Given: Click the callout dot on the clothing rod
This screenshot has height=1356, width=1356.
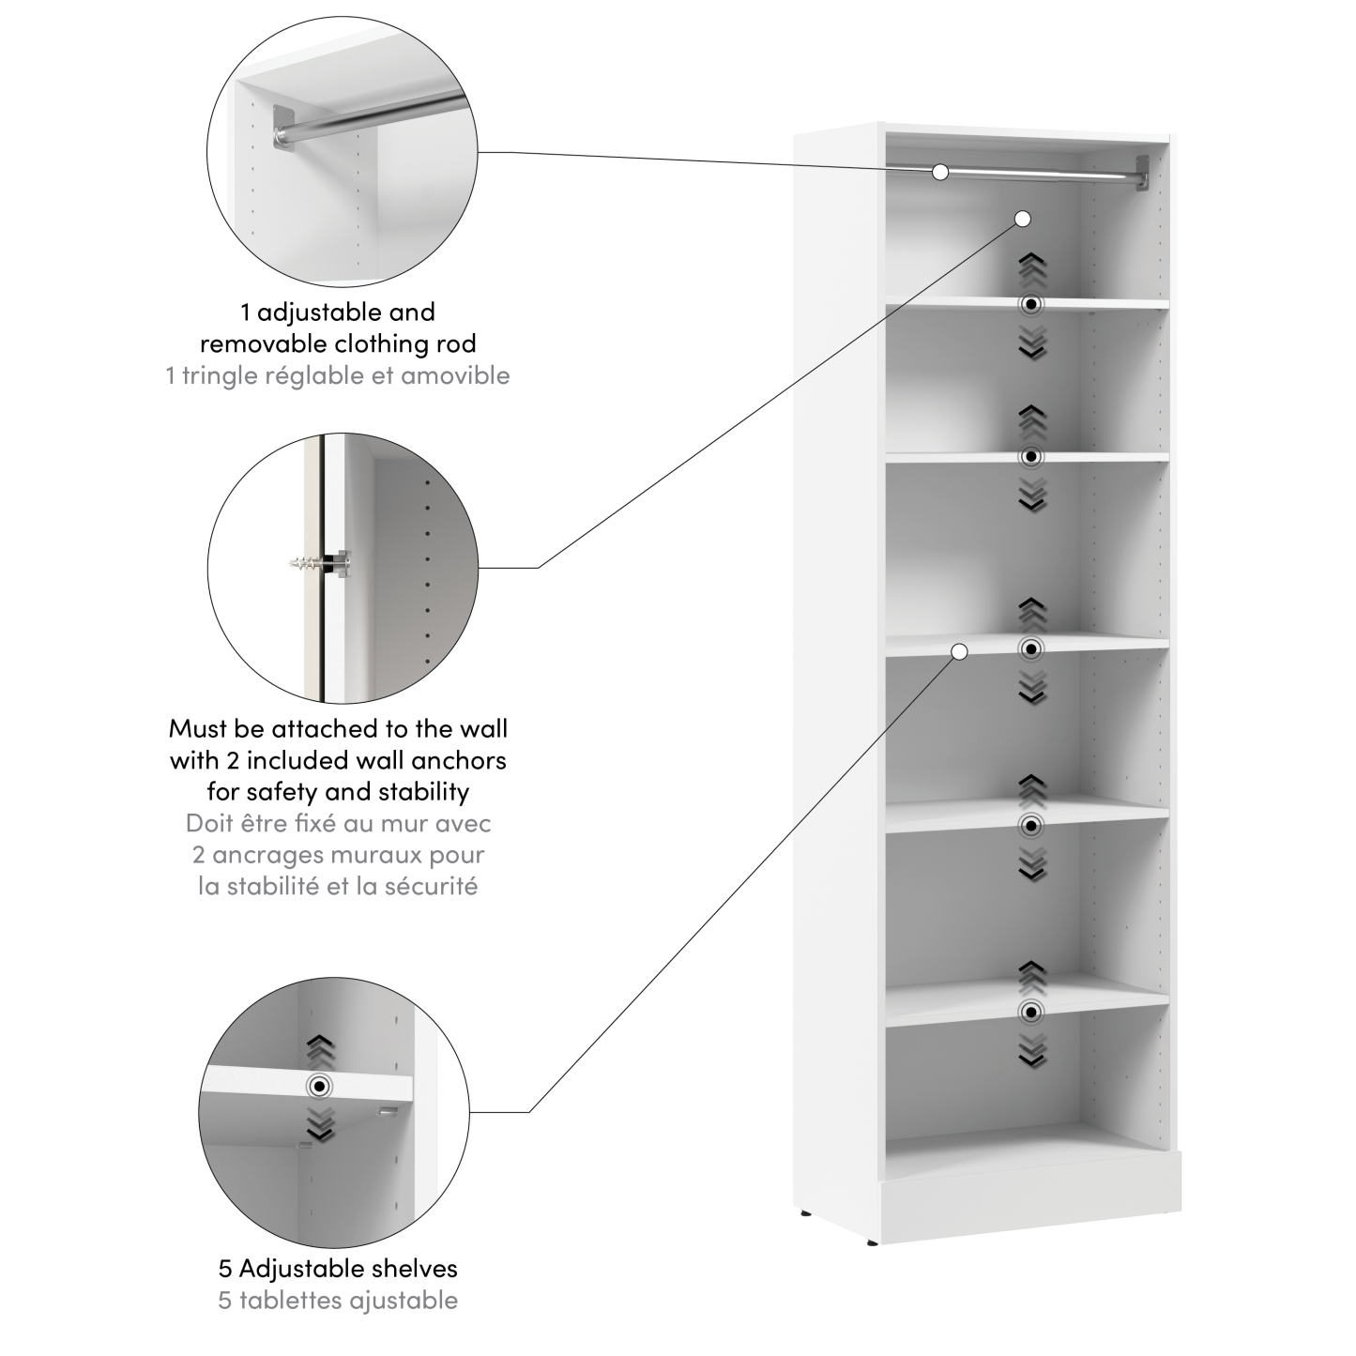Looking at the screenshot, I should click(940, 172).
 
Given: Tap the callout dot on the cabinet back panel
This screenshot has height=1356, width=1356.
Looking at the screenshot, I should click(1023, 219).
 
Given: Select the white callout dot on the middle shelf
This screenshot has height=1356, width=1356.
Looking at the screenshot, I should click(959, 651).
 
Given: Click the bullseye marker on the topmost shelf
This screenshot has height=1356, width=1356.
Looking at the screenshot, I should click(1031, 304).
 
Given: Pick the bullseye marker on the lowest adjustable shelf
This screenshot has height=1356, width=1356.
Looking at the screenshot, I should click(1031, 1012).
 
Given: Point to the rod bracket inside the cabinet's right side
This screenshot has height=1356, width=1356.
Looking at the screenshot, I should click(1141, 173).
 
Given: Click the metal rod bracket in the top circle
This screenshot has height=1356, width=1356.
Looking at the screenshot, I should click(282, 126).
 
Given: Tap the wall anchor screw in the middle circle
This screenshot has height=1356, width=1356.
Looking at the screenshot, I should click(315, 565).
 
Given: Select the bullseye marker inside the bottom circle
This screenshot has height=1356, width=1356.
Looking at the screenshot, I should click(321, 1086).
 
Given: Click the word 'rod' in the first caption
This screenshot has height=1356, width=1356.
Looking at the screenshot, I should click(456, 343).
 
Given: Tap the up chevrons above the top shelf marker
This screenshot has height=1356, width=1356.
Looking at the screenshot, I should click(1031, 269).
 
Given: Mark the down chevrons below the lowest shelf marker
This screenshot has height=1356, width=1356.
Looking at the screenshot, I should click(1031, 1051).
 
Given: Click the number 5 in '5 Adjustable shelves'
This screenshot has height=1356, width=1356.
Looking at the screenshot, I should click(225, 1269).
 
